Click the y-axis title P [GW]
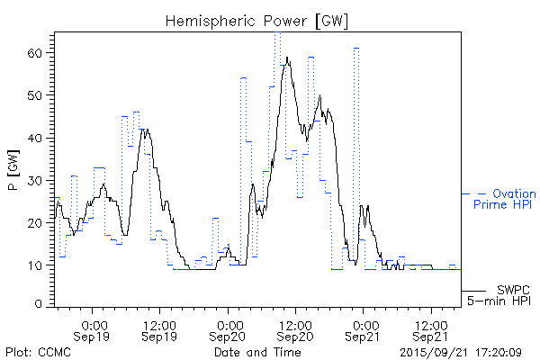[12, 169]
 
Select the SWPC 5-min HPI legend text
[500, 293]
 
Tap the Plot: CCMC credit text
[38, 351]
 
